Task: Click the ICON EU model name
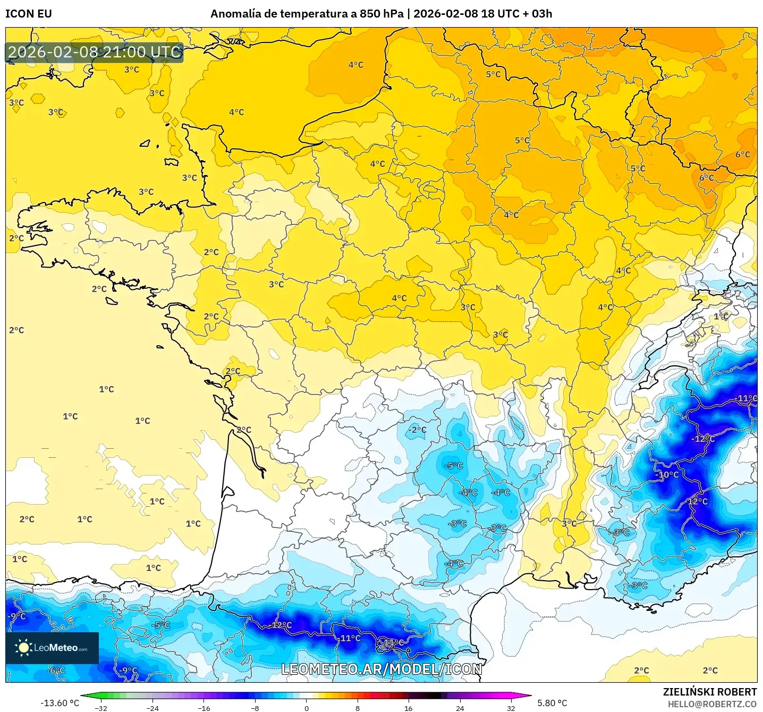29,14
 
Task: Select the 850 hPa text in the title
381,14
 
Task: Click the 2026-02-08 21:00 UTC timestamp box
95,52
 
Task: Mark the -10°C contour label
668,474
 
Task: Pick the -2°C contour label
418,430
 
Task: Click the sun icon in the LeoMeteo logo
23,648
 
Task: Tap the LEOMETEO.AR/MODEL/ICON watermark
381,669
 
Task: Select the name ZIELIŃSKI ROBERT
709,692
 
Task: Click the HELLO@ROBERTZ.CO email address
712,704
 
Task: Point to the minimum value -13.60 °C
60,703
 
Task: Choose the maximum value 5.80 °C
552,703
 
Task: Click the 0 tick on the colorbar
306,708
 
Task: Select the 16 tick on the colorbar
408,708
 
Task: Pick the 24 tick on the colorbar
460,708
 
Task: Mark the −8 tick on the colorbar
255,708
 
